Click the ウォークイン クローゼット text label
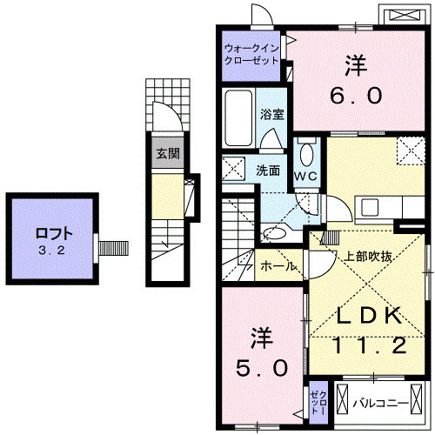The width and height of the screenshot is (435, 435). click(251, 55)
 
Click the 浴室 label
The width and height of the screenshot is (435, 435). click(271, 113)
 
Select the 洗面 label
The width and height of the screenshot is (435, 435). click(268, 171)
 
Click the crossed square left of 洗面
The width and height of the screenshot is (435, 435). click(233, 168)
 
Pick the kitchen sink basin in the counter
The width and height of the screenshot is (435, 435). click(370, 207)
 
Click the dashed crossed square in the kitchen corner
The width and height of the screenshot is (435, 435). click(409, 151)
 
